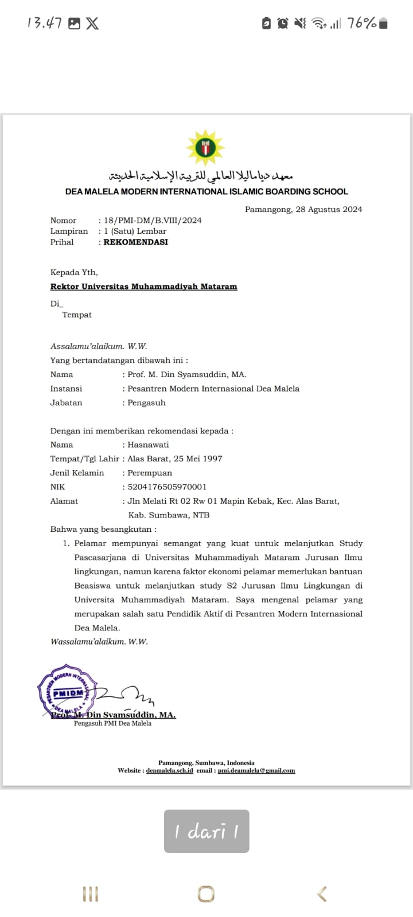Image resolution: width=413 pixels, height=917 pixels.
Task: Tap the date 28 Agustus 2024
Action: tap(329, 209)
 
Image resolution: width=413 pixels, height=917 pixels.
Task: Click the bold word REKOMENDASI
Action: tap(135, 242)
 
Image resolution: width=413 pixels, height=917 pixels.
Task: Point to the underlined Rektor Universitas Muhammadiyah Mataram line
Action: tap(143, 286)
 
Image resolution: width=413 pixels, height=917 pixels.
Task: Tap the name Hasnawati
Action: tap(148, 444)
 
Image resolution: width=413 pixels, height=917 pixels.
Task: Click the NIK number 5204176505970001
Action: tap(167, 487)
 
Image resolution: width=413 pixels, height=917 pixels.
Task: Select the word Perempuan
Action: tap(150, 473)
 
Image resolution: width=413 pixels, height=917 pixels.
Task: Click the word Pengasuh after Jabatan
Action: tap(146, 402)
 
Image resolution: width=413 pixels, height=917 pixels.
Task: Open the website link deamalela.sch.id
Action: tap(169, 770)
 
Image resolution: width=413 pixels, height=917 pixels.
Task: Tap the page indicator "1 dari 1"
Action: tap(206, 831)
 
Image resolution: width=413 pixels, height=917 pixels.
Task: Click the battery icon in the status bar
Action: tap(383, 23)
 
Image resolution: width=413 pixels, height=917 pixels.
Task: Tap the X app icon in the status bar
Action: tap(92, 23)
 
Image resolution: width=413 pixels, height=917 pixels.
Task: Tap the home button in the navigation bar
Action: tap(206, 894)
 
